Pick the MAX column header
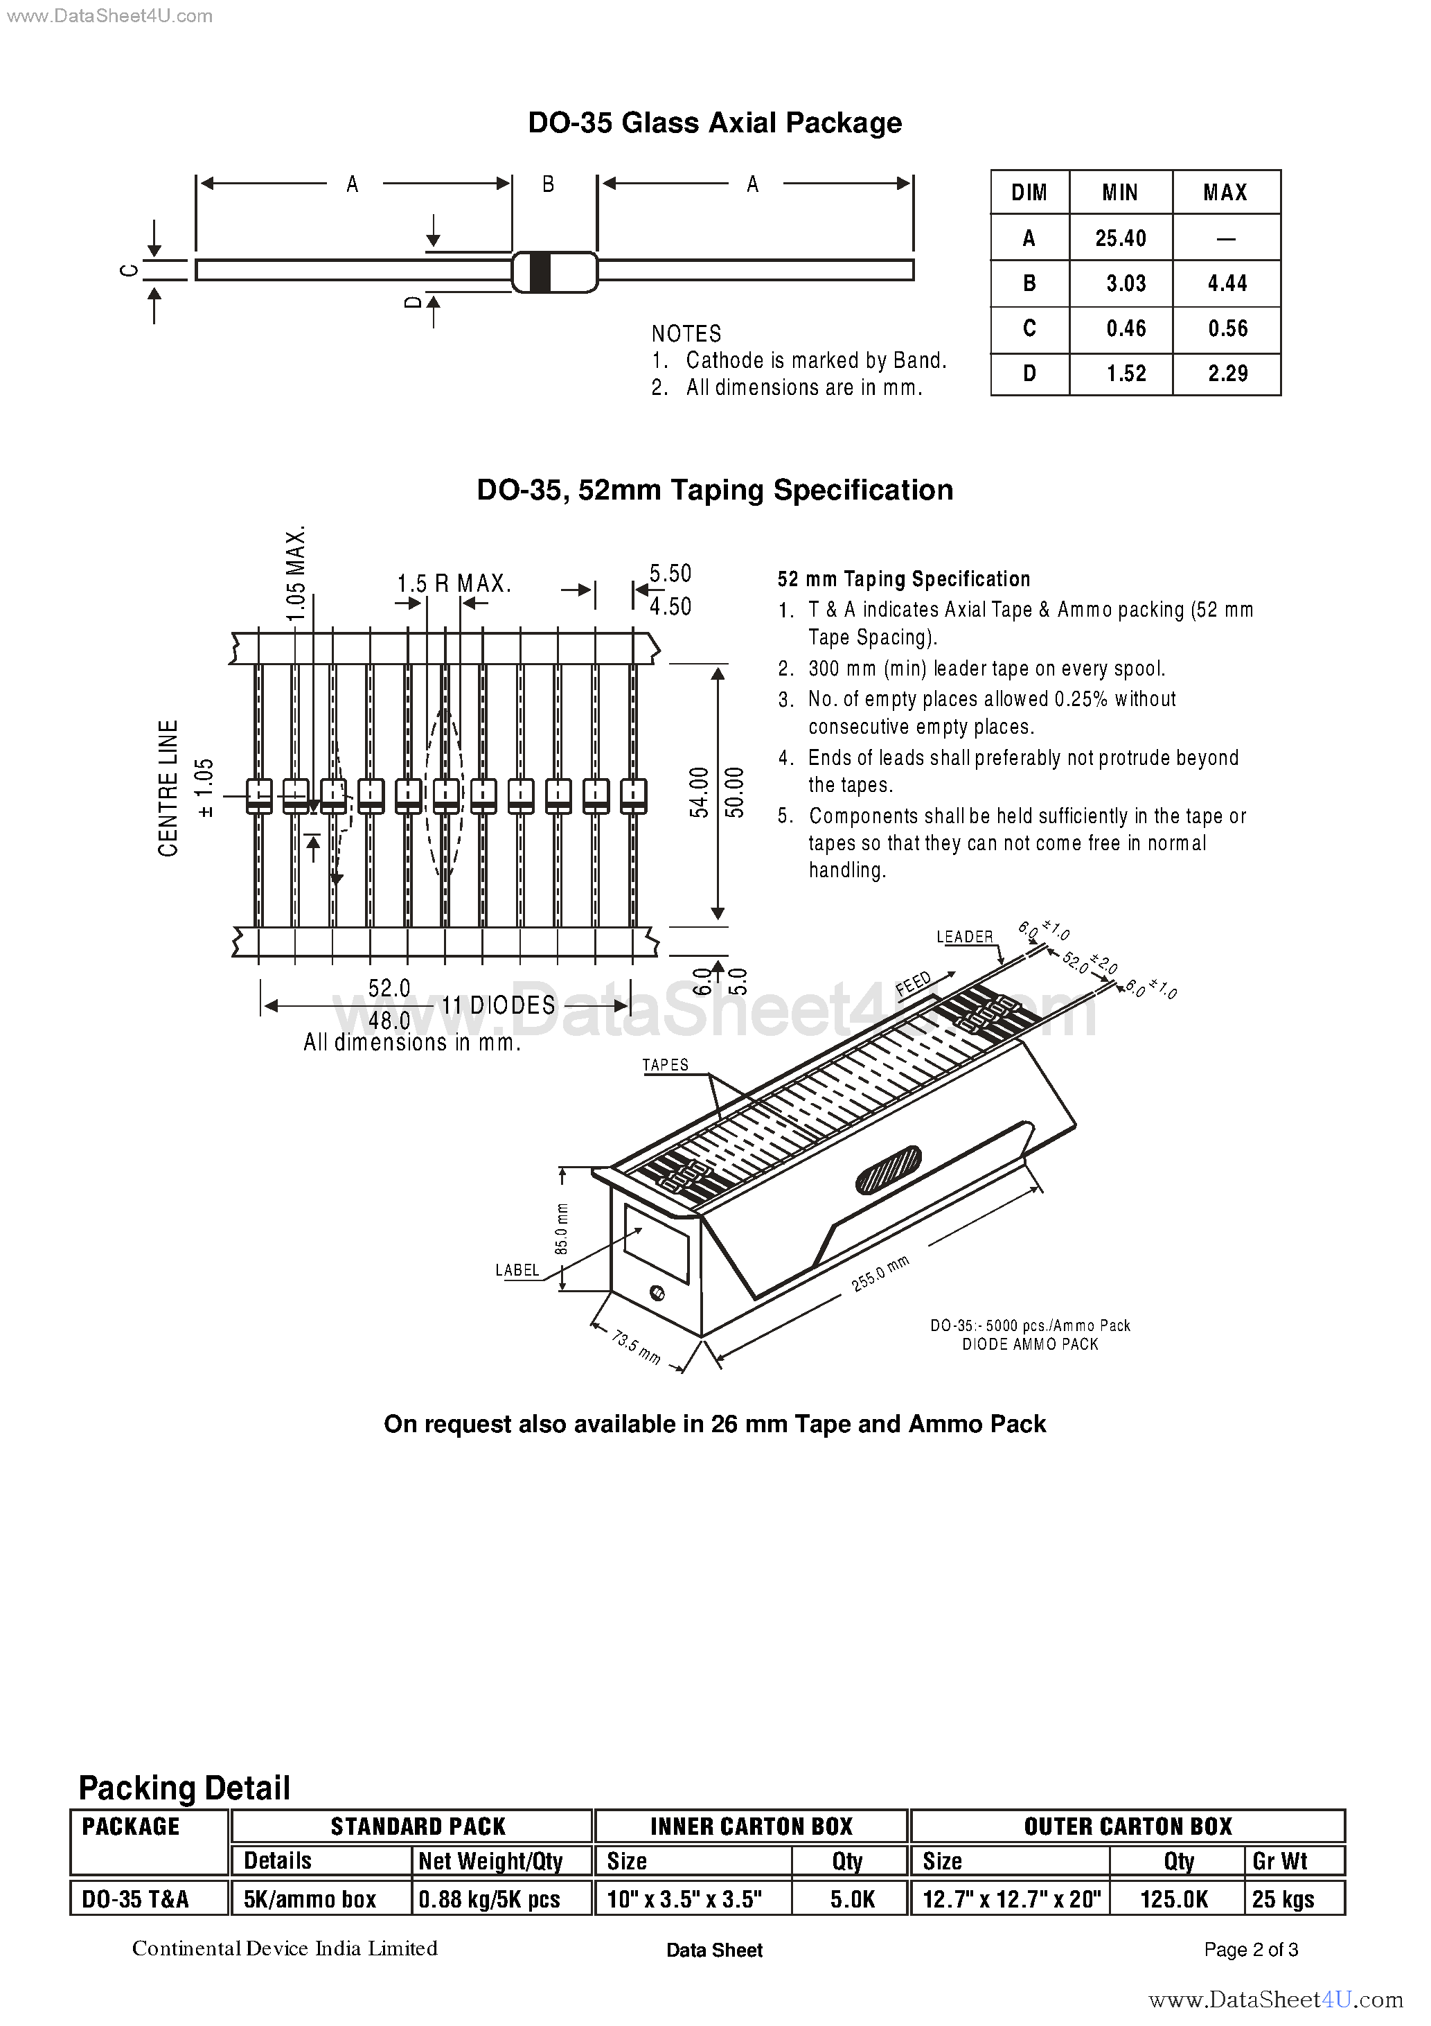[x=1225, y=193]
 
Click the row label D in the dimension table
[x=1029, y=373]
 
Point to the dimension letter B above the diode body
[x=548, y=184]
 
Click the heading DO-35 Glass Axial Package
[x=715, y=123]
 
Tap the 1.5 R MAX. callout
[x=454, y=583]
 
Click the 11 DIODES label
[x=499, y=1005]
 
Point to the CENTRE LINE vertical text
[x=168, y=788]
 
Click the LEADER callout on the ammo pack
[x=964, y=936]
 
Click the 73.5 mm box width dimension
[x=636, y=1348]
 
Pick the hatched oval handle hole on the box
[x=889, y=1169]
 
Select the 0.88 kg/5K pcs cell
[x=490, y=1900]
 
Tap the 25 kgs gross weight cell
[x=1283, y=1900]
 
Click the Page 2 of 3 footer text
[x=1250, y=1950]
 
